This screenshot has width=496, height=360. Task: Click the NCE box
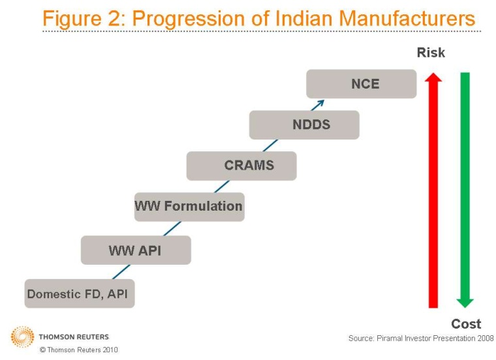pyautogui.click(x=361, y=84)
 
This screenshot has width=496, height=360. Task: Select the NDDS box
pyautogui.click(x=304, y=125)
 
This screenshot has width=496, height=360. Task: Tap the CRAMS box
pyautogui.click(x=241, y=166)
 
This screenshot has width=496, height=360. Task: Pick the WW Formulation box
pyautogui.click(x=189, y=207)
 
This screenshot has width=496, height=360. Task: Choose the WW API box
pyautogui.click(x=136, y=250)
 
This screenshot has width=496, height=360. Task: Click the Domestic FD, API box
pyautogui.click(x=79, y=293)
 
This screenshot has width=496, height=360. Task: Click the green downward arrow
pyautogui.click(x=465, y=189)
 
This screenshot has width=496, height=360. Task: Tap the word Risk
pyautogui.click(x=431, y=53)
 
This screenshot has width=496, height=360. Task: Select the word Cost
pyautogui.click(x=466, y=323)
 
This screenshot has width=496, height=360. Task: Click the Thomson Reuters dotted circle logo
pyautogui.click(x=22, y=337)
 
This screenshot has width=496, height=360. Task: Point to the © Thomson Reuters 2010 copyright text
pyautogui.click(x=79, y=350)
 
